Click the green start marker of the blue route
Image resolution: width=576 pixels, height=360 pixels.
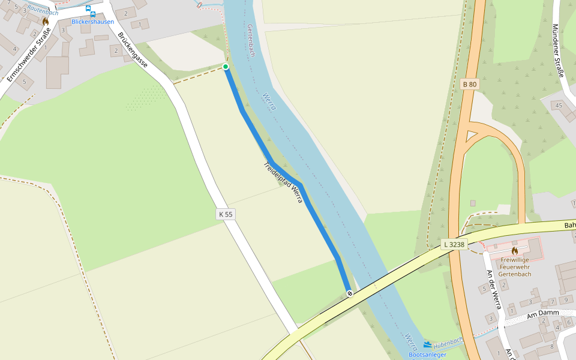pos(226,67)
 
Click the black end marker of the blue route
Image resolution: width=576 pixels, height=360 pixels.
pos(349,293)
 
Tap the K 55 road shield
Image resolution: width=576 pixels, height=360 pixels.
pos(226,214)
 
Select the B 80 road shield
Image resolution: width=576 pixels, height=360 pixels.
pos(470,85)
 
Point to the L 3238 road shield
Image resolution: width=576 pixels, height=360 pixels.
pos(454,244)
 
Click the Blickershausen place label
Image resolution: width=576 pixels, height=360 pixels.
pos(92,22)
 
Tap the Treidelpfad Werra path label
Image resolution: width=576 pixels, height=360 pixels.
pos(283,182)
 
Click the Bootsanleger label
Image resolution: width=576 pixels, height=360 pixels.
pos(427,355)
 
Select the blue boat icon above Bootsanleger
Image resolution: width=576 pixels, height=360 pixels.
pos(427,344)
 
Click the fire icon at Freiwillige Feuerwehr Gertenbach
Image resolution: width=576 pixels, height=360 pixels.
pos(514,250)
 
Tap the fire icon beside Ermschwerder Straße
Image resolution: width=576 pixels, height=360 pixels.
pos(45,21)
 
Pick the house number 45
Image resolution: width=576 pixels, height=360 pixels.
pos(559,106)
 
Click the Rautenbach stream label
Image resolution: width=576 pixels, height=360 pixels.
pos(43,11)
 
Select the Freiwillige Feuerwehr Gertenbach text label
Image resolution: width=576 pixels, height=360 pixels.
pos(515,267)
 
